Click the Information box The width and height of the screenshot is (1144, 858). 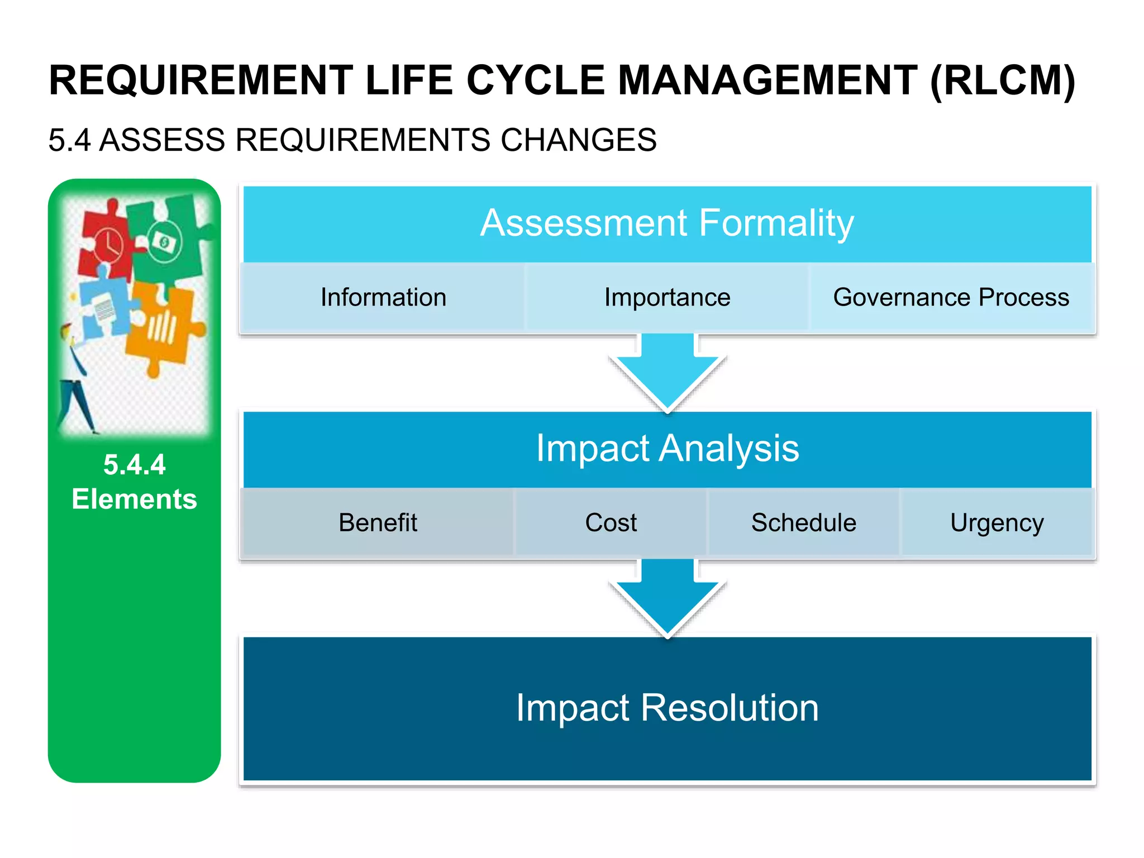pyautogui.click(x=383, y=297)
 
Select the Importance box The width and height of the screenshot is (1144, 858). pyautogui.click(x=667, y=297)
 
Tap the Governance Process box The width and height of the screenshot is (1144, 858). pyautogui.click(x=951, y=297)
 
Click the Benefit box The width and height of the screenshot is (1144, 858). pyautogui.click(x=378, y=523)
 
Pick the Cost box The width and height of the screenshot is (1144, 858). pyautogui.click(x=611, y=523)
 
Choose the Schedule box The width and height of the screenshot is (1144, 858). pyautogui.click(x=803, y=523)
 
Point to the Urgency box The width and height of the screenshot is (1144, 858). pyautogui.click(x=997, y=523)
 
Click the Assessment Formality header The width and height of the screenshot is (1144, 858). pyautogui.click(x=667, y=223)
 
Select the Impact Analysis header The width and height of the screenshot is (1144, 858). pyautogui.click(x=667, y=449)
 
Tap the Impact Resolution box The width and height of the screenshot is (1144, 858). pyautogui.click(x=667, y=708)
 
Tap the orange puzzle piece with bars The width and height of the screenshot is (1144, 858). pyautogui.click(x=162, y=330)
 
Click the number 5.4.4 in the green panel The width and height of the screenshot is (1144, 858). pyautogui.click(x=134, y=465)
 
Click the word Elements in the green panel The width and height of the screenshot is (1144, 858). pyautogui.click(x=134, y=499)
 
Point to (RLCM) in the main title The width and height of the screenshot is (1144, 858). pyautogui.click(x=1002, y=81)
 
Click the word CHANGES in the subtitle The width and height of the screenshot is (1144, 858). pyautogui.click(x=578, y=140)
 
